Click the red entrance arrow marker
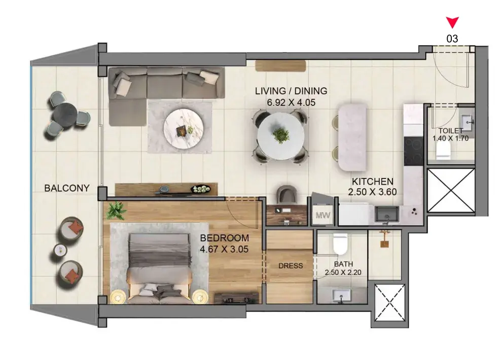click(452, 22)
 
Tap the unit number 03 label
click(452, 39)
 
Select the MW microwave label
click(322, 215)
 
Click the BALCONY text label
click(67, 188)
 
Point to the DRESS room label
click(291, 266)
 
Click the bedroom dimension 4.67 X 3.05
click(224, 249)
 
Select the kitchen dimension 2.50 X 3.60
click(373, 192)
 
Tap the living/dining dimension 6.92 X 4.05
click(291, 102)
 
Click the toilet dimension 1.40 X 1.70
click(450, 138)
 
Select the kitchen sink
click(387, 214)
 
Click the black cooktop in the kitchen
click(413, 151)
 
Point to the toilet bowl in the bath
click(340, 243)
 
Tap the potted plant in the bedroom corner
click(117, 211)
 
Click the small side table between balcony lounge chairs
click(60, 250)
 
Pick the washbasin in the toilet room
click(467, 122)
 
